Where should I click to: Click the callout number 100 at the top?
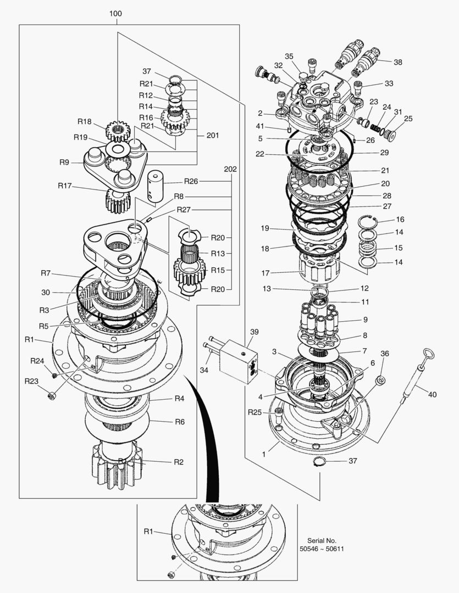click(115, 13)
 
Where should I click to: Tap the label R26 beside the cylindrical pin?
click(191, 181)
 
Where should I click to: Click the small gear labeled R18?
click(116, 131)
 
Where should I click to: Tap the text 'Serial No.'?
click(322, 540)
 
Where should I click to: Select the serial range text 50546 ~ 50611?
click(322, 549)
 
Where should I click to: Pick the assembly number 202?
click(230, 170)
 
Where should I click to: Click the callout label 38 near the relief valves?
click(397, 62)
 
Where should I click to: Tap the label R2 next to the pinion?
click(178, 462)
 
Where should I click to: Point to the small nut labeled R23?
click(53, 395)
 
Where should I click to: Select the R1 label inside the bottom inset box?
click(148, 531)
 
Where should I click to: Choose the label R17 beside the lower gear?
click(64, 186)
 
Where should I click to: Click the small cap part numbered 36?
click(379, 381)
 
